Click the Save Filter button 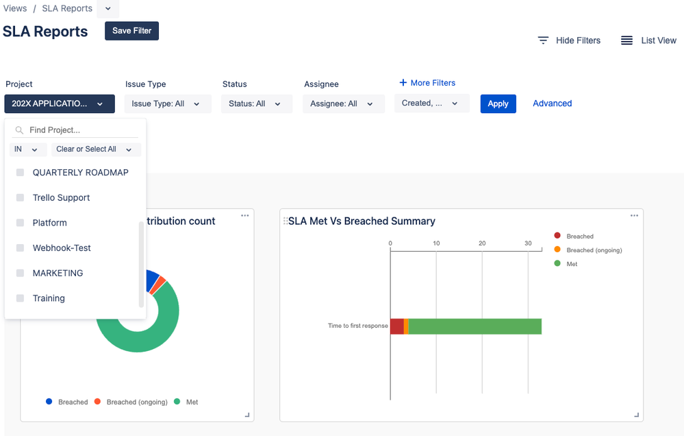click(x=131, y=31)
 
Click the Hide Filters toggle click(x=569, y=40)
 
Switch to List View click(x=648, y=40)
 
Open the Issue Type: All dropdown click(x=167, y=104)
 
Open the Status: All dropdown click(x=256, y=104)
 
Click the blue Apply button click(x=498, y=104)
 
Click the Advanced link click(x=552, y=104)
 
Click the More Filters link click(x=427, y=83)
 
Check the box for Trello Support click(x=20, y=197)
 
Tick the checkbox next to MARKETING click(x=20, y=273)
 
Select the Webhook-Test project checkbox click(x=20, y=248)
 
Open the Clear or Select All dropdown click(x=95, y=149)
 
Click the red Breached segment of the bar click(x=396, y=326)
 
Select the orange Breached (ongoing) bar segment click(x=406, y=326)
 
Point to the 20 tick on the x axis click(x=482, y=243)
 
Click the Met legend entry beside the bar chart click(x=571, y=264)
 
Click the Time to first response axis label click(x=357, y=326)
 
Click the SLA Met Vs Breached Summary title click(x=362, y=221)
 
